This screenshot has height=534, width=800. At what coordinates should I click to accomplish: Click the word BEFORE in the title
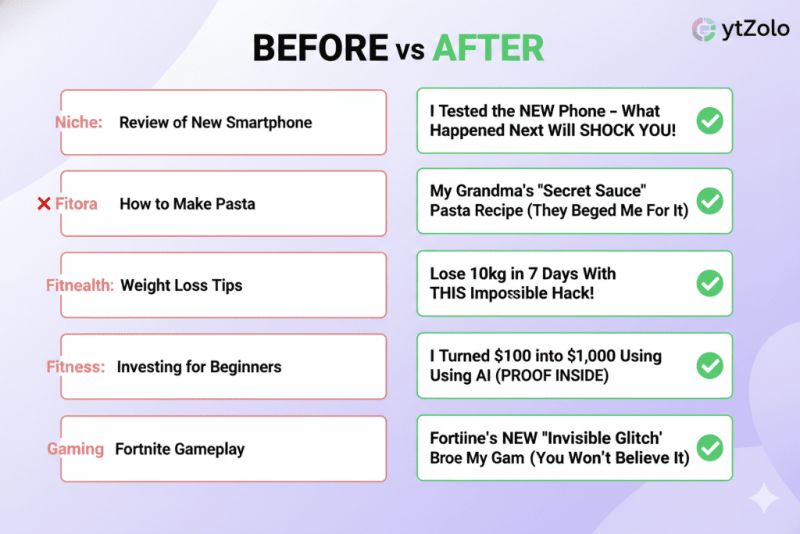click(x=320, y=48)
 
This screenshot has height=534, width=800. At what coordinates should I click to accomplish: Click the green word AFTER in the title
click(x=488, y=48)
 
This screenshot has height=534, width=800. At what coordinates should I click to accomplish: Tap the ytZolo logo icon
click(x=704, y=29)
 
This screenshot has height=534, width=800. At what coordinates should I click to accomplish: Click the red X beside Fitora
click(x=44, y=204)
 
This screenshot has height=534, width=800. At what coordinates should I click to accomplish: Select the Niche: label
click(x=79, y=123)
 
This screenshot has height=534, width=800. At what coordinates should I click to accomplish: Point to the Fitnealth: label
click(x=80, y=285)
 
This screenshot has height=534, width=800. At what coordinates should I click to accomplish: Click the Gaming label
click(x=76, y=449)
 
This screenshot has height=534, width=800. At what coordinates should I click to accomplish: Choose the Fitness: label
click(x=76, y=367)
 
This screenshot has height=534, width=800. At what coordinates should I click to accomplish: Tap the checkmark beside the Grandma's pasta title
click(x=709, y=201)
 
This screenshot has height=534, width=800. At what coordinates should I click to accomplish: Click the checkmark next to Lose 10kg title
click(x=709, y=283)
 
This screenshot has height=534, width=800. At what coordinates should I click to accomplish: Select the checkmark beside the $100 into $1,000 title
click(x=709, y=365)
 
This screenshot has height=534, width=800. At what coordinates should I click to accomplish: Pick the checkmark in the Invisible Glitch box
click(x=709, y=448)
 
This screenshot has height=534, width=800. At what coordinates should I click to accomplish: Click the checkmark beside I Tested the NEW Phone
click(x=709, y=120)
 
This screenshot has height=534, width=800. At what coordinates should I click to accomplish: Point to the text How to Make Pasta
click(x=187, y=204)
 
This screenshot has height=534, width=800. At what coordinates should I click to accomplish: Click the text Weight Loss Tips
click(x=181, y=285)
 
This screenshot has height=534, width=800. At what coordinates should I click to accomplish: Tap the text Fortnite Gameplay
click(x=180, y=450)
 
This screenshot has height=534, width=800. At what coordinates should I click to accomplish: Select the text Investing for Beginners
click(x=199, y=367)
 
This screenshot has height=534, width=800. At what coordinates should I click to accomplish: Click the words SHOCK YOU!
click(x=627, y=131)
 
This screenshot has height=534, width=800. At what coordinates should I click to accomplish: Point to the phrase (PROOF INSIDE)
click(x=555, y=376)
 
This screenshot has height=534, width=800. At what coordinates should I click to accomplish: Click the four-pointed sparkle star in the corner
click(x=764, y=497)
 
